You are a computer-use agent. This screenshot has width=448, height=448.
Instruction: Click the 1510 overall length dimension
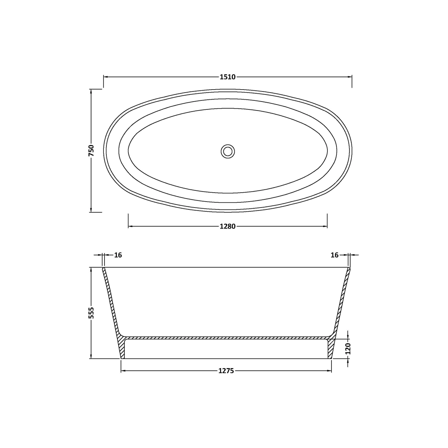tap(228, 77)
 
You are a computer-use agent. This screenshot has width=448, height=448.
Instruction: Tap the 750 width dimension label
tap(91, 150)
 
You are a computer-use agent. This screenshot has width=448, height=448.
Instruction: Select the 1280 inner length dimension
tap(228, 226)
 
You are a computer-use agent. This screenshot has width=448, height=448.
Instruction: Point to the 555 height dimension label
tap(91, 313)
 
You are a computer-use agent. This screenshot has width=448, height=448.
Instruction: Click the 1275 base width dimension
tap(226, 371)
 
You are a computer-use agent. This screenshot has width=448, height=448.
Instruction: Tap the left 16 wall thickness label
tap(118, 255)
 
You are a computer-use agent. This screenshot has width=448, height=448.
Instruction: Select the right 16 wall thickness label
tap(335, 255)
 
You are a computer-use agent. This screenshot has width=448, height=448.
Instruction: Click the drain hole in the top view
tap(228, 151)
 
